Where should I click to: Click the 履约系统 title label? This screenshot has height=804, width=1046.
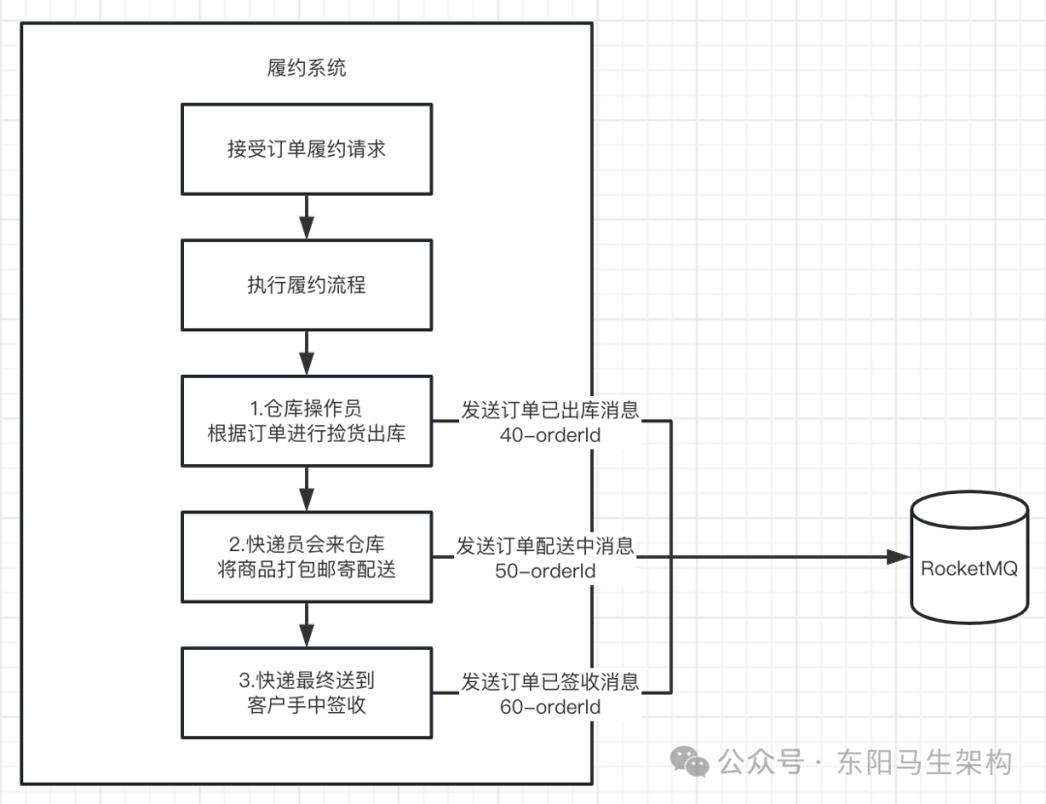306,68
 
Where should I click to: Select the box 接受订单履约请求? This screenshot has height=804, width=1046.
307,149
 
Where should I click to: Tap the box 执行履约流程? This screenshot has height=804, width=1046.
307,286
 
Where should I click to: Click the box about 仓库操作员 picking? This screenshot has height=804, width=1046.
307,421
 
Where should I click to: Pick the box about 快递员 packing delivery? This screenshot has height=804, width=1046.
307,557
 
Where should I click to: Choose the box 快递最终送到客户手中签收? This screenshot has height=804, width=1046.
307,693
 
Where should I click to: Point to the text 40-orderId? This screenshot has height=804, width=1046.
550,435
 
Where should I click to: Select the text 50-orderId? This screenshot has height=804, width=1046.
545,571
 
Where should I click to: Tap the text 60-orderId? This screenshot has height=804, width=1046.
550,706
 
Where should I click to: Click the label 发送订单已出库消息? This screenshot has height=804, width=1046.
550,411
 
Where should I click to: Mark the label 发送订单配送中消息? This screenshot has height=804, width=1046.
545,546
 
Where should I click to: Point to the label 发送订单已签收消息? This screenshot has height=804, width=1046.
550,682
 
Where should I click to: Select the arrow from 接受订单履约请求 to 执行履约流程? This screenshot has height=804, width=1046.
307,217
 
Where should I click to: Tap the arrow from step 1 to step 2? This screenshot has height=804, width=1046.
307,488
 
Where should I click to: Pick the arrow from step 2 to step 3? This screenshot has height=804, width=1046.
307,625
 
